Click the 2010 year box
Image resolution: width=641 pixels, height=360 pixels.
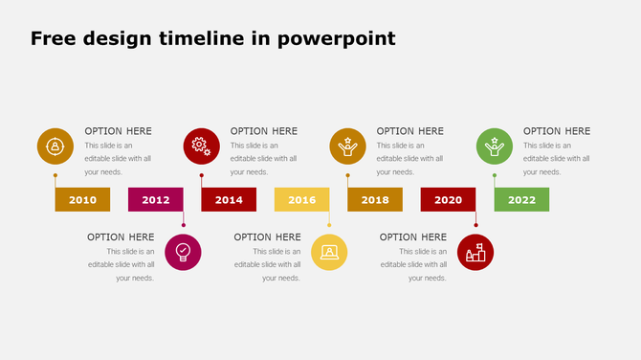point(82,200)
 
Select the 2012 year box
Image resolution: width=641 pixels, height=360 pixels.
point(156,200)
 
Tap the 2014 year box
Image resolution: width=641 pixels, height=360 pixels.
point(229,200)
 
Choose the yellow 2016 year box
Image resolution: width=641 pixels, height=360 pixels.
point(302,200)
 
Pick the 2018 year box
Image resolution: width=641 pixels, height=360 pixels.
point(375,200)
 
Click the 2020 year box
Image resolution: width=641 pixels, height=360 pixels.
point(448,200)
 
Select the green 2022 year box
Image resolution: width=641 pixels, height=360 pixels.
point(521,200)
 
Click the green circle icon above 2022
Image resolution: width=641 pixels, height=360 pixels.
point(495,146)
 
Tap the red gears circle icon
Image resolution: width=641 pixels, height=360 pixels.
point(202,146)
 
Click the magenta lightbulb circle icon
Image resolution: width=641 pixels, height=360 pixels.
point(183,253)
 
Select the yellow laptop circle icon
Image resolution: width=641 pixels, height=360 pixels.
point(329,253)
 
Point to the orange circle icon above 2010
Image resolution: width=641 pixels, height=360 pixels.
point(55,146)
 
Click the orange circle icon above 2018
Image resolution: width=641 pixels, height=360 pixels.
point(348,146)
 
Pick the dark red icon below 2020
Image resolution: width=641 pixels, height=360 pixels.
point(475,253)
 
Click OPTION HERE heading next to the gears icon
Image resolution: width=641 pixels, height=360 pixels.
point(264,131)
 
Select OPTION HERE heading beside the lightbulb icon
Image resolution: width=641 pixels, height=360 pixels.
point(121,237)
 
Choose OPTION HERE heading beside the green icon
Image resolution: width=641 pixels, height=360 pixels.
point(557,131)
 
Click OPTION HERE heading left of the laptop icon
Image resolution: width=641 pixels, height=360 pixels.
point(267,237)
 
